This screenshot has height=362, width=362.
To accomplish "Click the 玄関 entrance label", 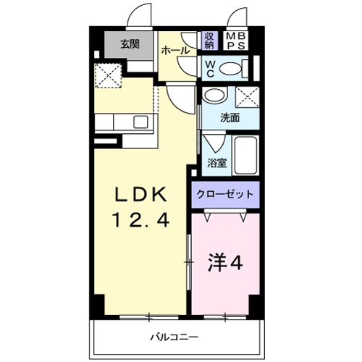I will point(130,43).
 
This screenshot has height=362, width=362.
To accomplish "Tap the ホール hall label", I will point(174,51).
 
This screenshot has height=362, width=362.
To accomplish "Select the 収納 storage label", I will point(209,41).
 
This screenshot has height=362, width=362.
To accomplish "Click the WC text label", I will point(208,68).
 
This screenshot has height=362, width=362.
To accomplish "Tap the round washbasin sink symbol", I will point(213,96).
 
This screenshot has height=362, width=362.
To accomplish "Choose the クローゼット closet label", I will point(224,194).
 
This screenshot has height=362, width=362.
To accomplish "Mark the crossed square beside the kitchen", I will point(110,73).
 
